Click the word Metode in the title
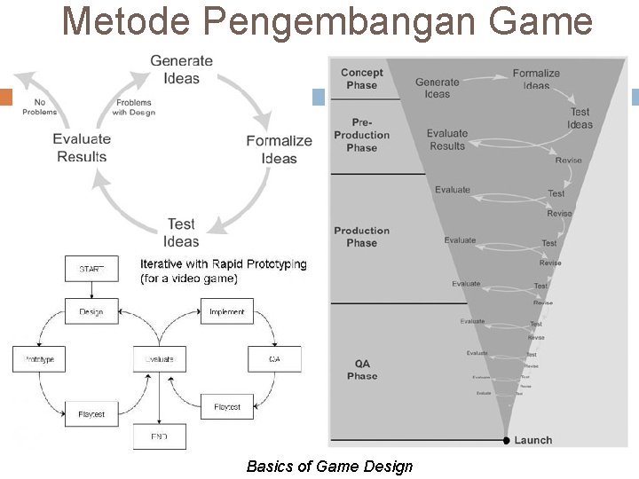click(125, 21)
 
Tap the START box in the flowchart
click(91, 269)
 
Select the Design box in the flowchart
click(91, 311)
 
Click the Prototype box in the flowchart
click(39, 358)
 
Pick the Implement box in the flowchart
click(227, 311)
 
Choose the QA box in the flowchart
click(274, 358)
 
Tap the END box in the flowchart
click(159, 436)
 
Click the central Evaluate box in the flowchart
click(159, 358)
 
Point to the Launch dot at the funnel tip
click(506, 440)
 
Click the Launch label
click(532, 440)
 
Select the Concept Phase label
click(362, 79)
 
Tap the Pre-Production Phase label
click(362, 135)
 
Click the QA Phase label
click(362, 370)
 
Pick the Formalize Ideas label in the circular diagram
click(279, 149)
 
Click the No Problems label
click(39, 106)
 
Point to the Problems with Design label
click(134, 107)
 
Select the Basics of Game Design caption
click(329, 466)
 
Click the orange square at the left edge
click(5, 98)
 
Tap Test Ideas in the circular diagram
click(181, 232)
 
